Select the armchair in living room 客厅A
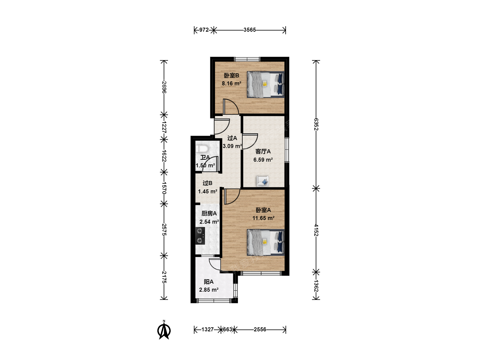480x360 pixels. pyautogui.click(x=263, y=181)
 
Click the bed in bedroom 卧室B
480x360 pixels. pyautogui.click(x=266, y=84)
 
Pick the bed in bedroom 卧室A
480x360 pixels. pyautogui.click(x=266, y=242)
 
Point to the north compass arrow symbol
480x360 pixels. pyautogui.click(x=164, y=330)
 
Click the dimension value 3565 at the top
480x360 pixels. pyautogui.click(x=250, y=30)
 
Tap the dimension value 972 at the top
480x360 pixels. pyautogui.click(x=204, y=30)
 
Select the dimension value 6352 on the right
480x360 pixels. pyautogui.click(x=316, y=124)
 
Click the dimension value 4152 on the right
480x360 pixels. pyautogui.click(x=316, y=230)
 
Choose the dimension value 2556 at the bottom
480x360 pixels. pyautogui.click(x=260, y=329)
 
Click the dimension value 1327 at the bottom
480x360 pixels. pyautogui.click(x=207, y=329)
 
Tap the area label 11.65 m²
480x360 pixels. pyautogui.click(x=263, y=218)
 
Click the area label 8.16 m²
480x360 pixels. pyautogui.click(x=231, y=83)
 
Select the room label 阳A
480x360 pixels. pyautogui.click(x=208, y=282)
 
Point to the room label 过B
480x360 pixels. pyautogui.click(x=207, y=183)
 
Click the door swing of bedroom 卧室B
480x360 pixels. pyautogui.click(x=231, y=107)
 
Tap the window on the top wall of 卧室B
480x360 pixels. pyautogui.click(x=247, y=59)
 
